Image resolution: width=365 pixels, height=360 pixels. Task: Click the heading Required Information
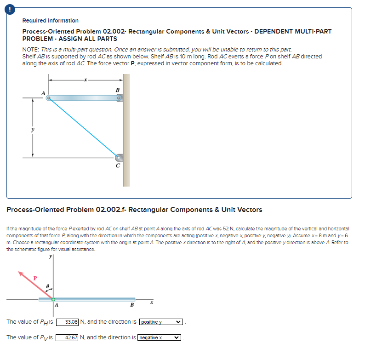click(50, 21)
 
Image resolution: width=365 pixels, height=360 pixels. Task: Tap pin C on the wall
click(119, 157)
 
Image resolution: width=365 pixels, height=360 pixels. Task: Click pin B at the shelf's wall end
click(119, 98)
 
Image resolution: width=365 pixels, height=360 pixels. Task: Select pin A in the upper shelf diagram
click(48, 98)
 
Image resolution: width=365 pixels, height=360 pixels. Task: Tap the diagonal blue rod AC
click(83, 127)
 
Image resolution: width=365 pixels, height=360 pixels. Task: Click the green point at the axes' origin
click(53, 299)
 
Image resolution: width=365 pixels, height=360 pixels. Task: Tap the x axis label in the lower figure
click(151, 303)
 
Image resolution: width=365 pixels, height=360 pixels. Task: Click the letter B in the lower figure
click(132, 305)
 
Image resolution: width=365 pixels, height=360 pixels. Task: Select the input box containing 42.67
click(71, 338)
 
